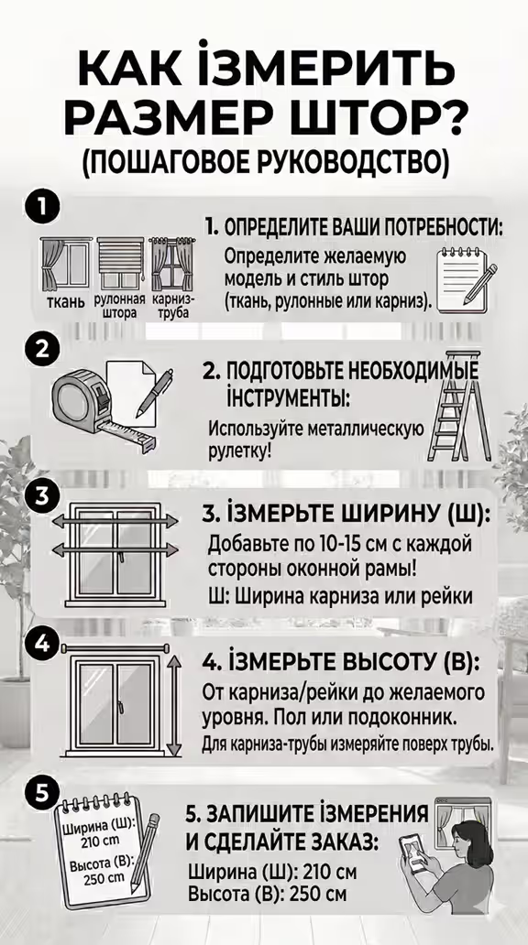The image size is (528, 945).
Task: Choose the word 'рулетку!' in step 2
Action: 239,450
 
